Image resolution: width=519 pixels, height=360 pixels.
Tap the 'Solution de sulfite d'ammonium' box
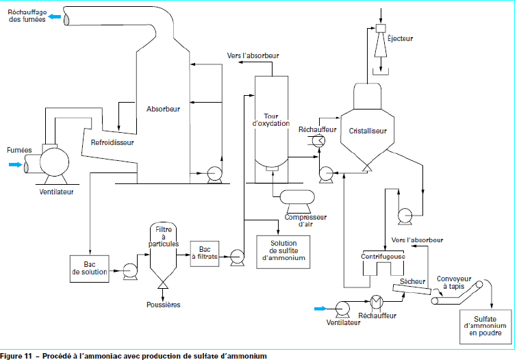click(x=283, y=250)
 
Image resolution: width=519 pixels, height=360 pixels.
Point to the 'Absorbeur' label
click(x=163, y=109)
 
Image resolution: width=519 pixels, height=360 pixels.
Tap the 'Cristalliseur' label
click(x=368, y=130)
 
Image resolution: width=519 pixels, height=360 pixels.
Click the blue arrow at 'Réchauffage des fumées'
click(x=55, y=16)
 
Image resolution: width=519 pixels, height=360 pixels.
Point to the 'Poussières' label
click(x=164, y=304)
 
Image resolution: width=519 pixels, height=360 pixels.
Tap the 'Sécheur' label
click(x=413, y=281)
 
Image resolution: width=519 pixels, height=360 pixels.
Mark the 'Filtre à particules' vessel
click(x=164, y=250)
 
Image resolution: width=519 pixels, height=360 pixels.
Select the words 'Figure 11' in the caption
click(x=16, y=355)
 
